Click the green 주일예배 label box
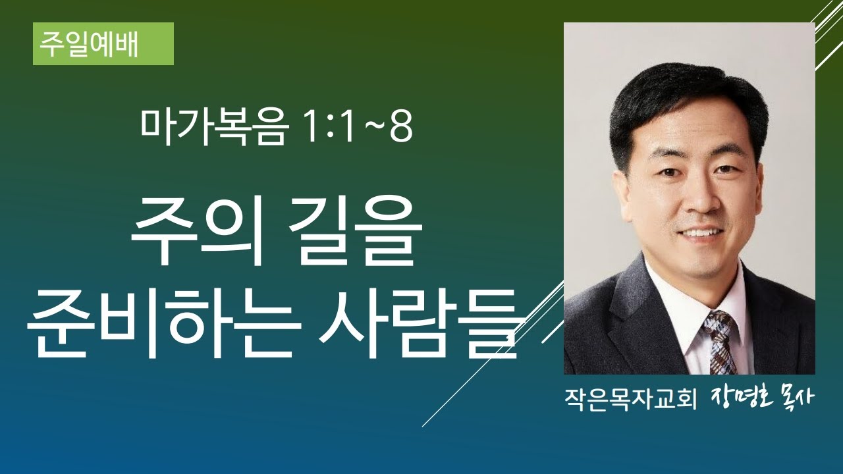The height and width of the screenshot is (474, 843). [103, 44]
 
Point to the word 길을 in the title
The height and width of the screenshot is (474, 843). [356, 236]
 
